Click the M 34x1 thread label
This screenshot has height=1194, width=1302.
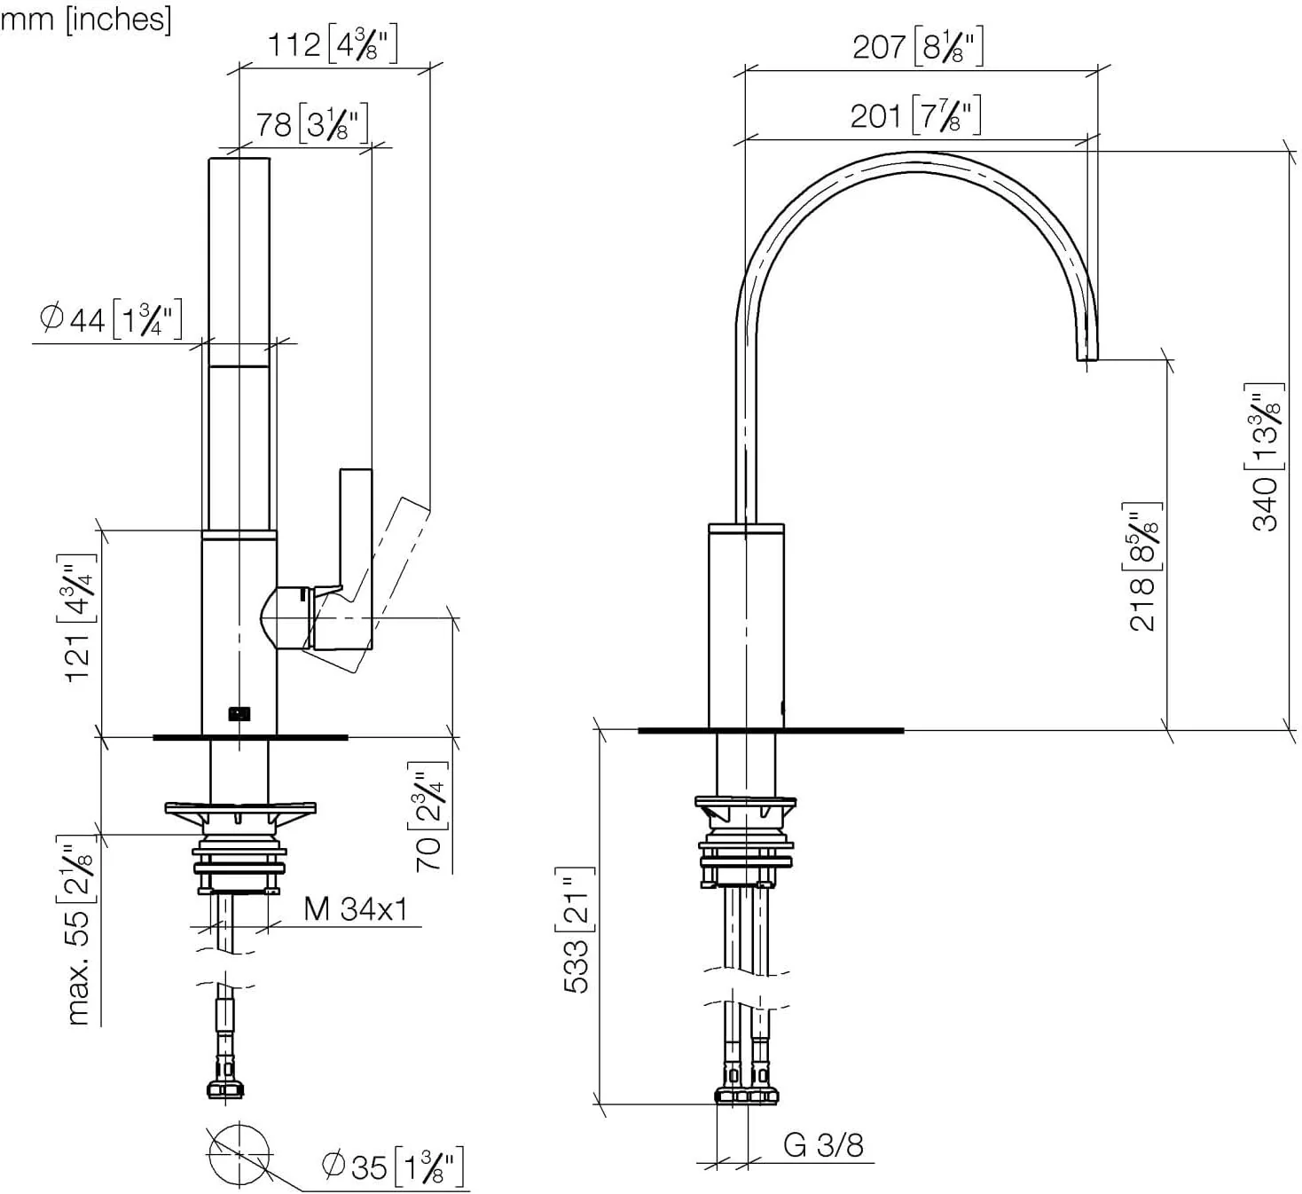[355, 909]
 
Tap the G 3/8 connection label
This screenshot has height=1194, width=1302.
[823, 1145]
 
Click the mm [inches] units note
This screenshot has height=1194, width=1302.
[86, 18]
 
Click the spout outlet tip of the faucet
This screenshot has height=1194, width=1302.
[1087, 354]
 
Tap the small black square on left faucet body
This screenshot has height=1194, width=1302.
[239, 712]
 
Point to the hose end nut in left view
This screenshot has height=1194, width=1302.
[225, 1089]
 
